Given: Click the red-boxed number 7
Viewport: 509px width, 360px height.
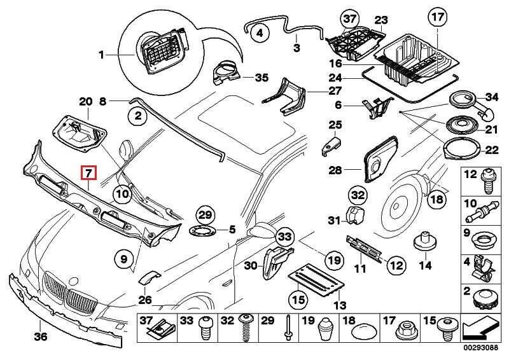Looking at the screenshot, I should point(88,172).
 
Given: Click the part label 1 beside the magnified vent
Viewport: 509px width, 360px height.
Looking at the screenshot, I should point(101,56).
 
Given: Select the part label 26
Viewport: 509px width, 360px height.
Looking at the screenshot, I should point(144,300).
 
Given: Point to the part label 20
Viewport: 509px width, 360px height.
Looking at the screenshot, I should point(86,101).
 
